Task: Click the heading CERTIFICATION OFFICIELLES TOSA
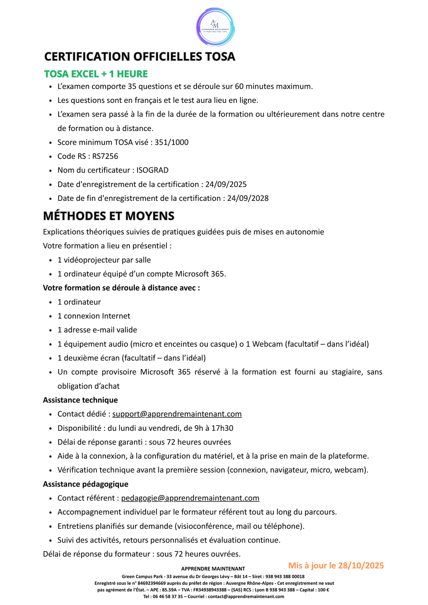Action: [x=140, y=56]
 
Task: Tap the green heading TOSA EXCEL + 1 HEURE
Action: [x=96, y=74]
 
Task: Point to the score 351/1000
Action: [x=171, y=142]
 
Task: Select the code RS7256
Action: [x=105, y=156]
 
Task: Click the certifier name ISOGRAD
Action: [x=152, y=170]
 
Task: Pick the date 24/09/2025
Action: [x=226, y=184]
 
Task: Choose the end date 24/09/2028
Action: [x=248, y=198]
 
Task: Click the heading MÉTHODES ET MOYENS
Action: [x=109, y=216]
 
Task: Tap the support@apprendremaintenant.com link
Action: [x=177, y=414]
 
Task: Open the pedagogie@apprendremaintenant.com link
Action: [x=190, y=498]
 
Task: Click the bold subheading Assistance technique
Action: [x=80, y=400]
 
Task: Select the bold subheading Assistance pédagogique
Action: [x=86, y=484]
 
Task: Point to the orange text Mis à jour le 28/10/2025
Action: [x=336, y=565]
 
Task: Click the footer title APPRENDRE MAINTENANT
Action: [x=213, y=569]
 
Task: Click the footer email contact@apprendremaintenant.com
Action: [x=246, y=597]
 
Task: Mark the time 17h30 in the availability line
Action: [x=222, y=428]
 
